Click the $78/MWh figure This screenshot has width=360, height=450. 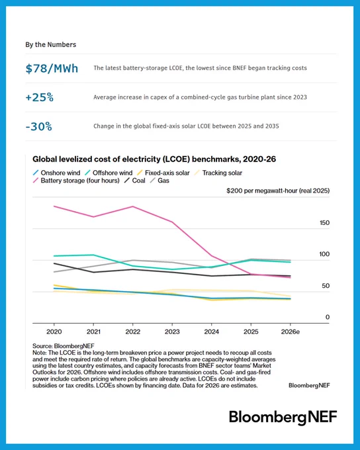tap(52, 69)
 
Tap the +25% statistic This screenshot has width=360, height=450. tap(39, 97)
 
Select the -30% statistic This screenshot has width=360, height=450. tap(39, 126)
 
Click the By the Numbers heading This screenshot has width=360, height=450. tap(50, 44)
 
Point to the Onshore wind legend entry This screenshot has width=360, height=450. tap(56, 173)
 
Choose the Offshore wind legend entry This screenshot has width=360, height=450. tap(109, 173)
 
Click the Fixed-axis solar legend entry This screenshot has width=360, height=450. tap(163, 173)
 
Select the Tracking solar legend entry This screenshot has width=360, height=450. tap(218, 173)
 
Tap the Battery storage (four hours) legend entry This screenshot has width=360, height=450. tap(76, 181)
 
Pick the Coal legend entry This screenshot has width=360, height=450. tap(134, 181)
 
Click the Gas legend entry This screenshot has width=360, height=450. tap(159, 181)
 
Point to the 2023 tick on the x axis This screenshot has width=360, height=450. tap(172, 332)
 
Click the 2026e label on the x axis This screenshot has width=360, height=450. tap(291, 332)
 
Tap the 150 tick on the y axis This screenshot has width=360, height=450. tap(325, 223)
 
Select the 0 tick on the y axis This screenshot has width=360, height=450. tap(328, 317)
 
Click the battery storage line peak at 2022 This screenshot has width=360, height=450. tap(132, 206)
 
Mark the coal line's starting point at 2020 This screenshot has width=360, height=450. tap(54, 263)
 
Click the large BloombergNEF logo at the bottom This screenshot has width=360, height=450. tap(283, 418)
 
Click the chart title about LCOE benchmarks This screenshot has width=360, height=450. tap(154, 159)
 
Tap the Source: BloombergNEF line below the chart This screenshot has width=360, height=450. tap(63, 346)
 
